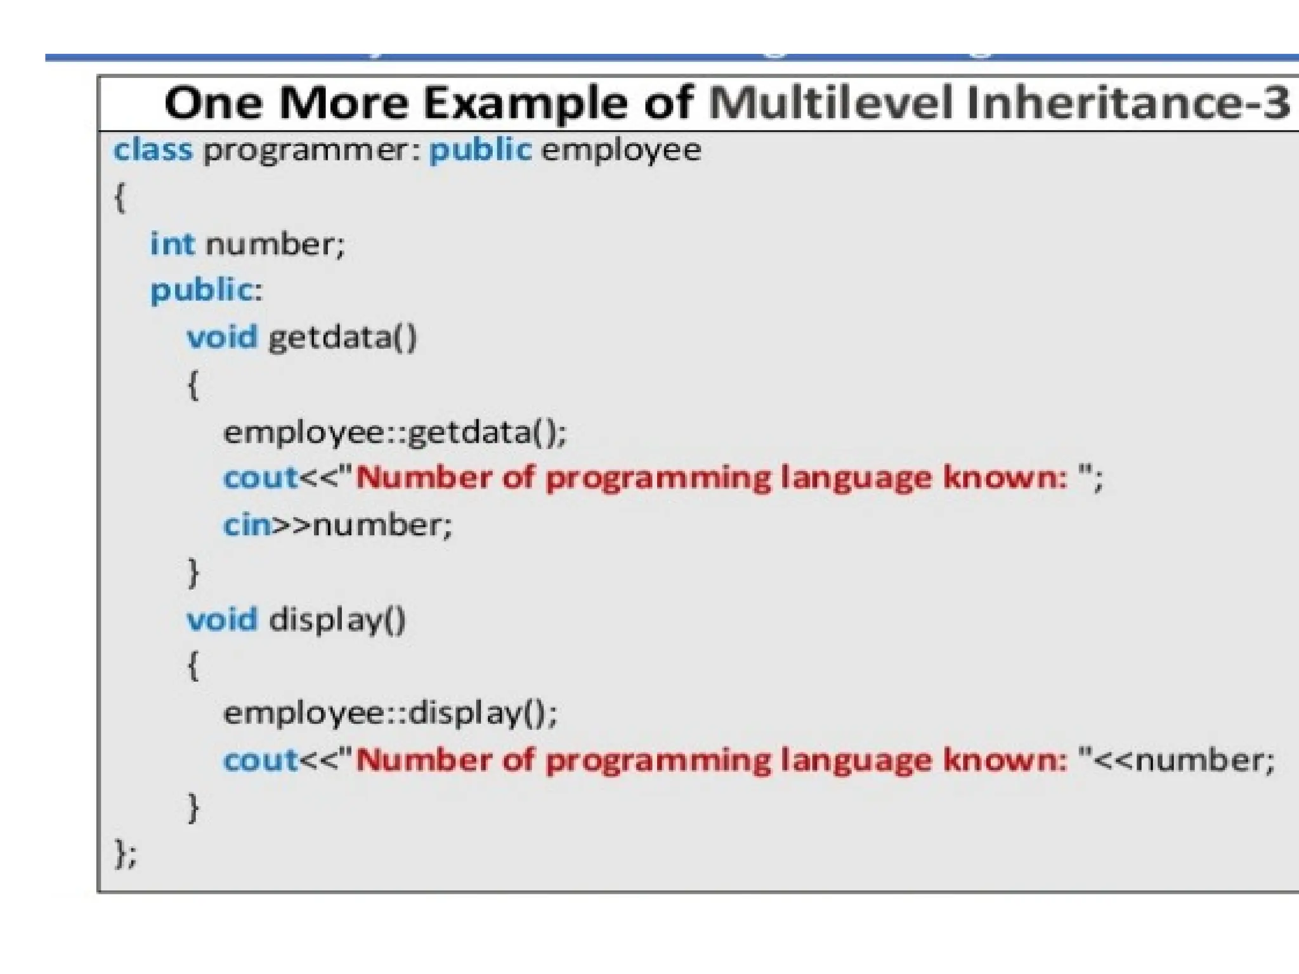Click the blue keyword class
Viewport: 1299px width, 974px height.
152,151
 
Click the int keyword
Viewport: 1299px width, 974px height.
172,244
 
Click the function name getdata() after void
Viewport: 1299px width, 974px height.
343,337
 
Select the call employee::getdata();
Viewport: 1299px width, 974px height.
395,432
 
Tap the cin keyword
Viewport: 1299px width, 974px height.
247,525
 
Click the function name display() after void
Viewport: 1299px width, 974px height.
337,620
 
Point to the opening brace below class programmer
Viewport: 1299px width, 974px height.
120,198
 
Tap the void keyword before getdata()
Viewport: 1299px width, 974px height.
222,337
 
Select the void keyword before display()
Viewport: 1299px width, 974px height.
222,620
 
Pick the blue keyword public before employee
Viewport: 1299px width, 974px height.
480,151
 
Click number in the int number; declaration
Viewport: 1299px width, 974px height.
273,244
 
